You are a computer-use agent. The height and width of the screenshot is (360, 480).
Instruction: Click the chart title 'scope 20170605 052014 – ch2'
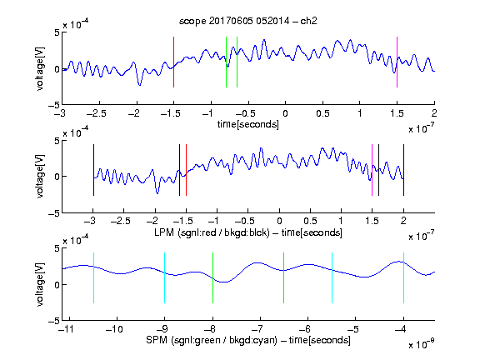coord(248,21)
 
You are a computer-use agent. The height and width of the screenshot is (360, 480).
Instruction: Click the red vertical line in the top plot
coord(173,62)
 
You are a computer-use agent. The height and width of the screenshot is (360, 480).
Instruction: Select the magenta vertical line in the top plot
coord(397,62)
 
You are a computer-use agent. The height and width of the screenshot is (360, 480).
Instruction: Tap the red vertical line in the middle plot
coord(186,170)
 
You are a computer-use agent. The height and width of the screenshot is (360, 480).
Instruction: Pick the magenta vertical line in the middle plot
coord(372,170)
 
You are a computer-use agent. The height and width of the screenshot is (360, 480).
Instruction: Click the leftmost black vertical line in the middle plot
coord(93,170)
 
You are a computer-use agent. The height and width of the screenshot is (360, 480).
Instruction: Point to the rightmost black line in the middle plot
coord(403,170)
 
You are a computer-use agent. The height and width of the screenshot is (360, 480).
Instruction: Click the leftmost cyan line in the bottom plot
coord(93,278)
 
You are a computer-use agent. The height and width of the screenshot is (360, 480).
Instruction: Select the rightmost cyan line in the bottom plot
coord(403,278)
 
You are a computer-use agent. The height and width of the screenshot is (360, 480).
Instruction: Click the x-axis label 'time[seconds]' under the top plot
coord(248,124)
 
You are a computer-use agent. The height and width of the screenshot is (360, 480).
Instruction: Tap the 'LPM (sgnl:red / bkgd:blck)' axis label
coord(212,232)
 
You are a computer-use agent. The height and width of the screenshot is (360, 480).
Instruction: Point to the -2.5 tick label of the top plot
coord(97,113)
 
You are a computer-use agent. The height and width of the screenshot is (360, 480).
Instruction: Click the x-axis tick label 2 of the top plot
coord(434,113)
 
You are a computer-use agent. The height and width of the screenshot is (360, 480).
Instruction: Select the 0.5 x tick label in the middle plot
coord(310,221)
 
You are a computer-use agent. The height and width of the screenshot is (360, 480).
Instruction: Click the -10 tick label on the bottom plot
coord(114,329)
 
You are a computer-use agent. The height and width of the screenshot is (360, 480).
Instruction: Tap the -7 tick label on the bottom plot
coord(259,329)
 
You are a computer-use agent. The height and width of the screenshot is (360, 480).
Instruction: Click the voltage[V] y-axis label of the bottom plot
coord(40,284)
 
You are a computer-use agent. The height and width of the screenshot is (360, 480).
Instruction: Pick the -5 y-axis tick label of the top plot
coord(54,105)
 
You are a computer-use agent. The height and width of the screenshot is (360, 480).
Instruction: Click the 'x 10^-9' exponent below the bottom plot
coord(421,344)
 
